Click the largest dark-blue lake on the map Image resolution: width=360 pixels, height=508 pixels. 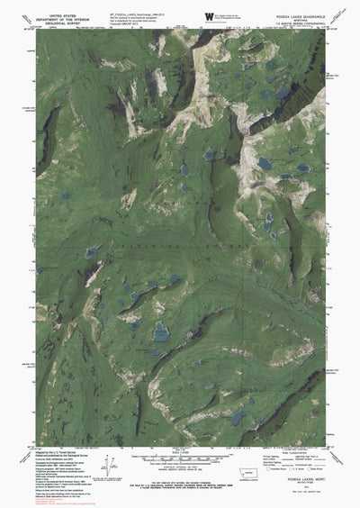[x=161, y=333]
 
